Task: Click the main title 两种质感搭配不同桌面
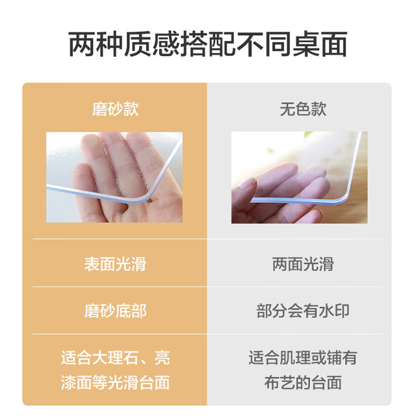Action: (x=208, y=44)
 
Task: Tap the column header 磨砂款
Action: (x=115, y=109)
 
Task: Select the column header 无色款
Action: (x=303, y=109)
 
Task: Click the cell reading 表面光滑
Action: (x=115, y=264)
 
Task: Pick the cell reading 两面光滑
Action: (x=303, y=264)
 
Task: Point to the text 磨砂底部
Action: (x=115, y=311)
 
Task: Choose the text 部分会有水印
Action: (x=303, y=311)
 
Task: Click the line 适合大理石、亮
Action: (x=116, y=357)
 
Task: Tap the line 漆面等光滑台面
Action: (x=116, y=383)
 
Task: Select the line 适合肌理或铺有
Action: (x=303, y=357)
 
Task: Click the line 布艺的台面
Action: (x=303, y=383)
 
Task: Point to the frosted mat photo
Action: (x=114, y=177)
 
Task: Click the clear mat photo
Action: (x=299, y=177)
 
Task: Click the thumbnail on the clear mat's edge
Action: (x=248, y=183)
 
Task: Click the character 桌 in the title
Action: (x=305, y=44)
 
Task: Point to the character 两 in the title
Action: (x=82, y=44)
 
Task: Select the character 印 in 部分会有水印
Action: (x=342, y=311)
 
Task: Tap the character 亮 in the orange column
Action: (x=162, y=357)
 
